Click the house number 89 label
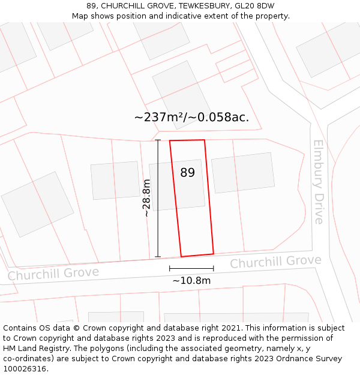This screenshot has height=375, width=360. click(x=187, y=173)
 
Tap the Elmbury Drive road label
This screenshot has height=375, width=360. click(x=318, y=182)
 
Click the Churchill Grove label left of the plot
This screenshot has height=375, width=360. click(x=53, y=274)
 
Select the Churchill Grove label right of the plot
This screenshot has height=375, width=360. click(x=275, y=262)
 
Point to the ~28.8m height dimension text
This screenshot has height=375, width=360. click(x=146, y=198)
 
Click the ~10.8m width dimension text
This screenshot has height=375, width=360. click(x=191, y=280)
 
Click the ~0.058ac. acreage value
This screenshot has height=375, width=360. click(x=219, y=117)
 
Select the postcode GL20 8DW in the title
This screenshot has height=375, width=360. click(x=257, y=6)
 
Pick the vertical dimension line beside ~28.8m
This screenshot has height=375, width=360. click(x=158, y=198)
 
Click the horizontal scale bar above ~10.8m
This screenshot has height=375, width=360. click(x=191, y=268)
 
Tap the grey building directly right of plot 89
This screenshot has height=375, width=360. click(x=242, y=173)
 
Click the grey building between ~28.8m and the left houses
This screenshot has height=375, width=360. click(x=115, y=180)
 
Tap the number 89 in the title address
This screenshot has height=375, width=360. click(x=91, y=6)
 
